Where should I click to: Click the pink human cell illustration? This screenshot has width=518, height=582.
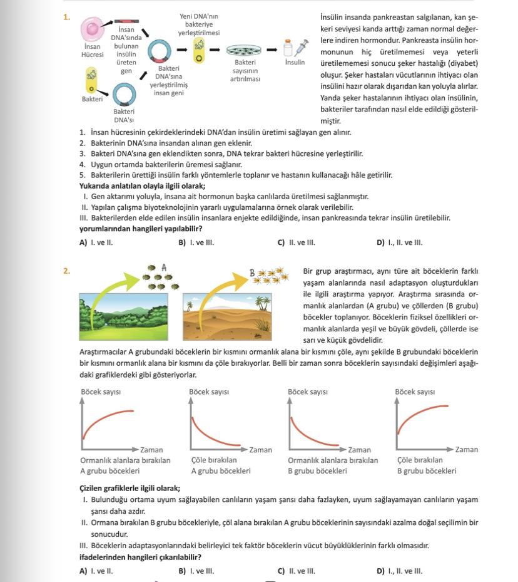[x=93, y=29]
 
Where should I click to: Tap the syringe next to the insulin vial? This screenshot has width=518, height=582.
[x=301, y=48]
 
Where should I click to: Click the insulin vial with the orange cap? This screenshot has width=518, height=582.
[x=288, y=48]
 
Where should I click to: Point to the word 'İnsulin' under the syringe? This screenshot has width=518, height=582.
[x=295, y=63]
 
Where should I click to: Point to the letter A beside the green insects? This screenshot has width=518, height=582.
[x=164, y=268]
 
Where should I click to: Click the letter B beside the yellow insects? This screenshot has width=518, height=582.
[x=252, y=273]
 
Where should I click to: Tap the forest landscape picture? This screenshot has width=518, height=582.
[x=126, y=317]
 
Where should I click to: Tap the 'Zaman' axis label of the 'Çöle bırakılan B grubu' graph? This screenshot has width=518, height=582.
[x=466, y=449]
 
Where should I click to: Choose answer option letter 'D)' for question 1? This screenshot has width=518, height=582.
[x=380, y=242]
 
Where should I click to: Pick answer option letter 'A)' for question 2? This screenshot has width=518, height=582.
[x=83, y=571]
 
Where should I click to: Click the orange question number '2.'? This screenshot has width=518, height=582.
[x=66, y=271]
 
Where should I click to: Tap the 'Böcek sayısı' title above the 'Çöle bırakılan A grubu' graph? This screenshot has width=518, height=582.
[x=209, y=392]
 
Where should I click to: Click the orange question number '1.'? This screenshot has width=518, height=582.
[x=66, y=17]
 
